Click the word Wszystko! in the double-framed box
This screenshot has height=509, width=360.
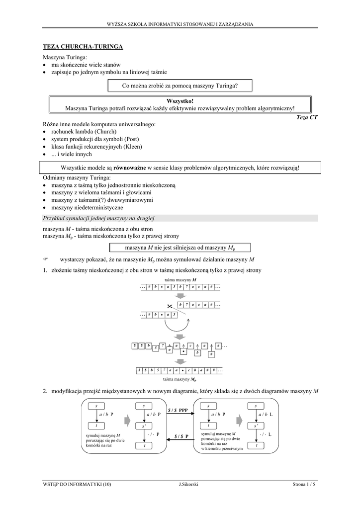pyautogui.click(x=180, y=101)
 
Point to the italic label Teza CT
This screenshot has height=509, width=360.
pyautogui.click(x=306, y=117)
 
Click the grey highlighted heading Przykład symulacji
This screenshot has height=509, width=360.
pyautogui.click(x=99, y=218)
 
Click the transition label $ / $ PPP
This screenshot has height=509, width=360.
pyautogui.click(x=178, y=410)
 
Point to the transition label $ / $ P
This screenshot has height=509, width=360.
pyautogui.click(x=181, y=436)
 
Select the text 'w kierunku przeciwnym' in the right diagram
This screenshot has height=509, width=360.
pyautogui.click(x=222, y=448)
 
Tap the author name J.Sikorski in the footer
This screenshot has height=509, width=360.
pyautogui.click(x=188, y=485)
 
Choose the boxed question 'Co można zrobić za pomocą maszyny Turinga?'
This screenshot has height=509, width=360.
pyautogui.click(x=180, y=86)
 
